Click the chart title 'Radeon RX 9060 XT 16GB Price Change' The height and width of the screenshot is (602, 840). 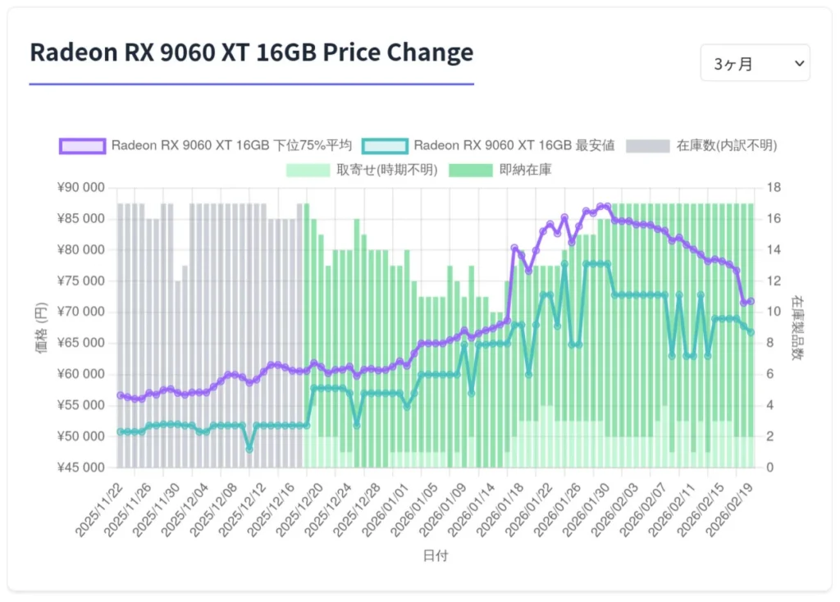click(x=251, y=52)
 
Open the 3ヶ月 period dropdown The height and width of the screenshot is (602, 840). click(x=755, y=63)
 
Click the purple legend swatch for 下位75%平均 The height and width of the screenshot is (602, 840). click(x=82, y=146)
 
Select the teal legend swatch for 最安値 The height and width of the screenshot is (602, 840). click(x=384, y=146)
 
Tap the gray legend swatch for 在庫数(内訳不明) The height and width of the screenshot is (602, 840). click(x=647, y=146)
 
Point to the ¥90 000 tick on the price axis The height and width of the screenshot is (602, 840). click(x=82, y=188)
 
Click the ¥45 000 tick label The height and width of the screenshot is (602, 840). click(x=82, y=467)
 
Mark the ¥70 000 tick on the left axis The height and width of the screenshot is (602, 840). click(x=82, y=312)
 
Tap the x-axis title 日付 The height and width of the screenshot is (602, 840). click(x=436, y=556)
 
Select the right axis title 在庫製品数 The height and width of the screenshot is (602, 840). click(x=797, y=328)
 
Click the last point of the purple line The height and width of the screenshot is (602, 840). click(x=750, y=302)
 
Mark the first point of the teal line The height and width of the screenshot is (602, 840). click(x=121, y=431)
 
